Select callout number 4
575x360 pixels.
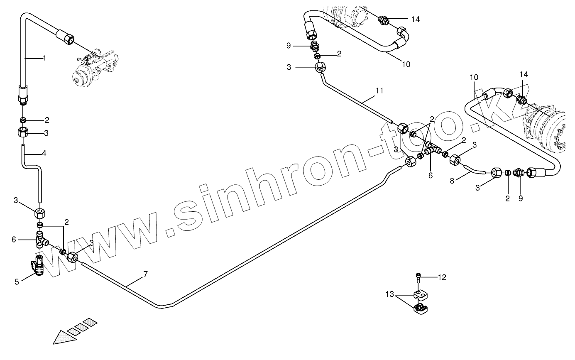pos(44,153)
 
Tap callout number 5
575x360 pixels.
pos(17,282)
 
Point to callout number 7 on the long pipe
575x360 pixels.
pos(145,274)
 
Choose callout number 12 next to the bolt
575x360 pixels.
pos(442,277)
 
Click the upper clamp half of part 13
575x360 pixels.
pos(421,294)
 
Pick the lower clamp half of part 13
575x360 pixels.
pos(421,309)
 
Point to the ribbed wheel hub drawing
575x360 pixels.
pos(548,129)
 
